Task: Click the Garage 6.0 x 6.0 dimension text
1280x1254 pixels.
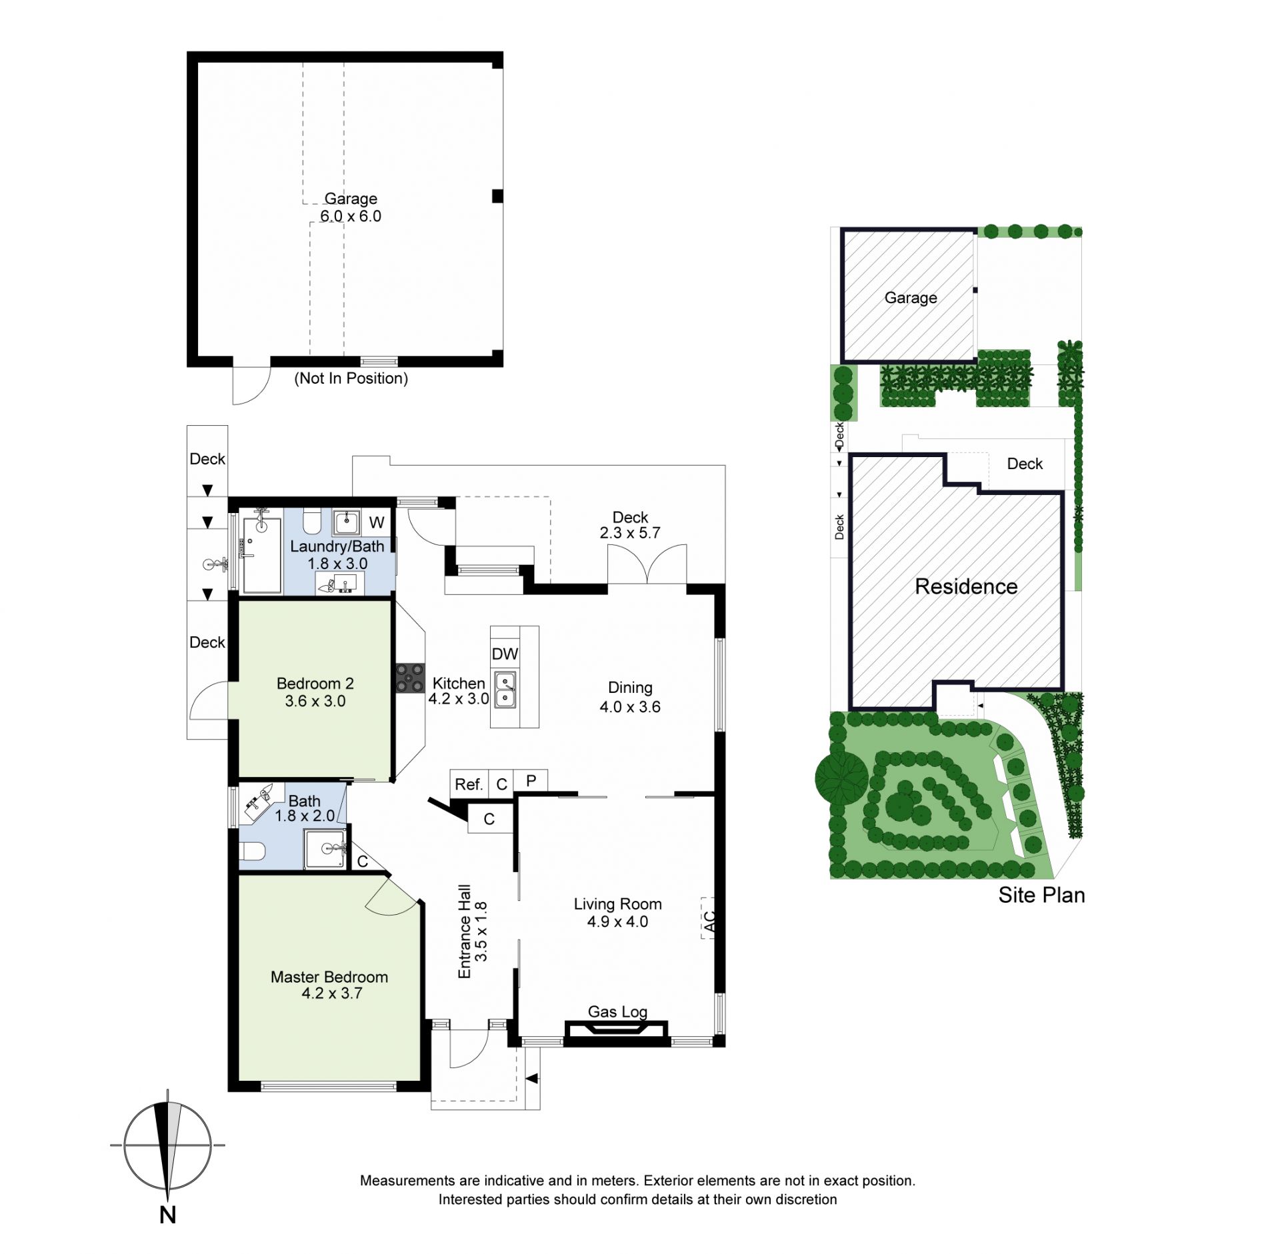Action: [x=351, y=216]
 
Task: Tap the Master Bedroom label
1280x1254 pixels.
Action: [x=329, y=977]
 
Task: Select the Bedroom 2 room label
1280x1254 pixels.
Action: [x=315, y=684]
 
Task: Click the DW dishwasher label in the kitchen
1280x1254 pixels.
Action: [x=505, y=654]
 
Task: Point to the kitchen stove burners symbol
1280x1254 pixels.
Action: [x=410, y=678]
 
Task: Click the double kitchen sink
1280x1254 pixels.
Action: [x=505, y=690]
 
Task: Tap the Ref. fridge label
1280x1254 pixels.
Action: [x=469, y=784]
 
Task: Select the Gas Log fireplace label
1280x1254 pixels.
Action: [x=617, y=1012]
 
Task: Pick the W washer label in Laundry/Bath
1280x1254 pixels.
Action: [x=377, y=522]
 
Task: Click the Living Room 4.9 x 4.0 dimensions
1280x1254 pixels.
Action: [x=617, y=922]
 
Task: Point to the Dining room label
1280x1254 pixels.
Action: [x=630, y=688]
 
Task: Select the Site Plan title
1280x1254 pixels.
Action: [x=1041, y=895]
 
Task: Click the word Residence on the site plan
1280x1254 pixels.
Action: [x=966, y=586]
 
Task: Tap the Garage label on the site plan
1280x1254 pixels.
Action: [x=911, y=298]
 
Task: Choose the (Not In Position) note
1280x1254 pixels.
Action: [x=351, y=378]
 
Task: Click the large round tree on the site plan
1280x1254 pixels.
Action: [x=842, y=776]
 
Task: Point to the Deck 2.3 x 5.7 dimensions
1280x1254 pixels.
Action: [x=630, y=533]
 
